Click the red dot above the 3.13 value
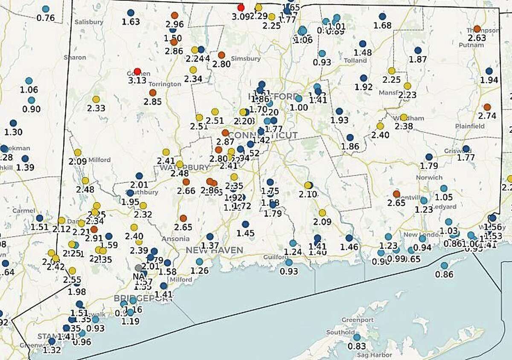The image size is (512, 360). coord(137,71)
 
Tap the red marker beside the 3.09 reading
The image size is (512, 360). coord(241,8)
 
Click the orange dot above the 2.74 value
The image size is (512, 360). coord(487,107)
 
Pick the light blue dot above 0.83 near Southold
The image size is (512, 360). coord(357,337)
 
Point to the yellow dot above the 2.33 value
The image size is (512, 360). coord(96,99)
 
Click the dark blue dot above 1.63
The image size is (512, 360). coord(131,13)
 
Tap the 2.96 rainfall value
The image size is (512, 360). coord(174,24)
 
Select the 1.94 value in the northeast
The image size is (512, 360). coord(489,80)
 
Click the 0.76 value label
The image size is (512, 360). coord(46,18)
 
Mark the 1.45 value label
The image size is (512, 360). coord(245,233)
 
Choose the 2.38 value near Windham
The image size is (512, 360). coord(404,126)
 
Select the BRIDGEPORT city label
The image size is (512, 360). coord(143,298)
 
